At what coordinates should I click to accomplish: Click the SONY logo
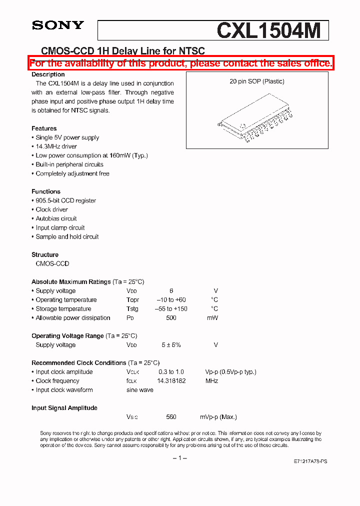[58, 25]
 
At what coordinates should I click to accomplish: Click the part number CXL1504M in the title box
[268, 31]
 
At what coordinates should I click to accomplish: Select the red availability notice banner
[180, 63]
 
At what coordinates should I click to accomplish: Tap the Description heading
[48, 74]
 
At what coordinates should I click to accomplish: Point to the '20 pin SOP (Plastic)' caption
[257, 81]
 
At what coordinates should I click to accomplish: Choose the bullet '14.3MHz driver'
[56, 146]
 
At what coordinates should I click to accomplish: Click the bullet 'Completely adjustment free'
[72, 173]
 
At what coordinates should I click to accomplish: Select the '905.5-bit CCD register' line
[65, 200]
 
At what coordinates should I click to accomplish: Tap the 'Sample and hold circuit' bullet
[67, 236]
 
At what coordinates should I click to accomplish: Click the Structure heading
[45, 254]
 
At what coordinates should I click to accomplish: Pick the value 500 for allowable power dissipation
[171, 318]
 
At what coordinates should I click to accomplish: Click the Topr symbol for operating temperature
[132, 300]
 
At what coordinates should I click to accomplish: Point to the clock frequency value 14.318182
[171, 381]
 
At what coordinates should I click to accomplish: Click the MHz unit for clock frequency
[211, 381]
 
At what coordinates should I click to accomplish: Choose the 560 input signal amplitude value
[171, 417]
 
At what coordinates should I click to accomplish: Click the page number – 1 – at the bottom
[179, 457]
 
